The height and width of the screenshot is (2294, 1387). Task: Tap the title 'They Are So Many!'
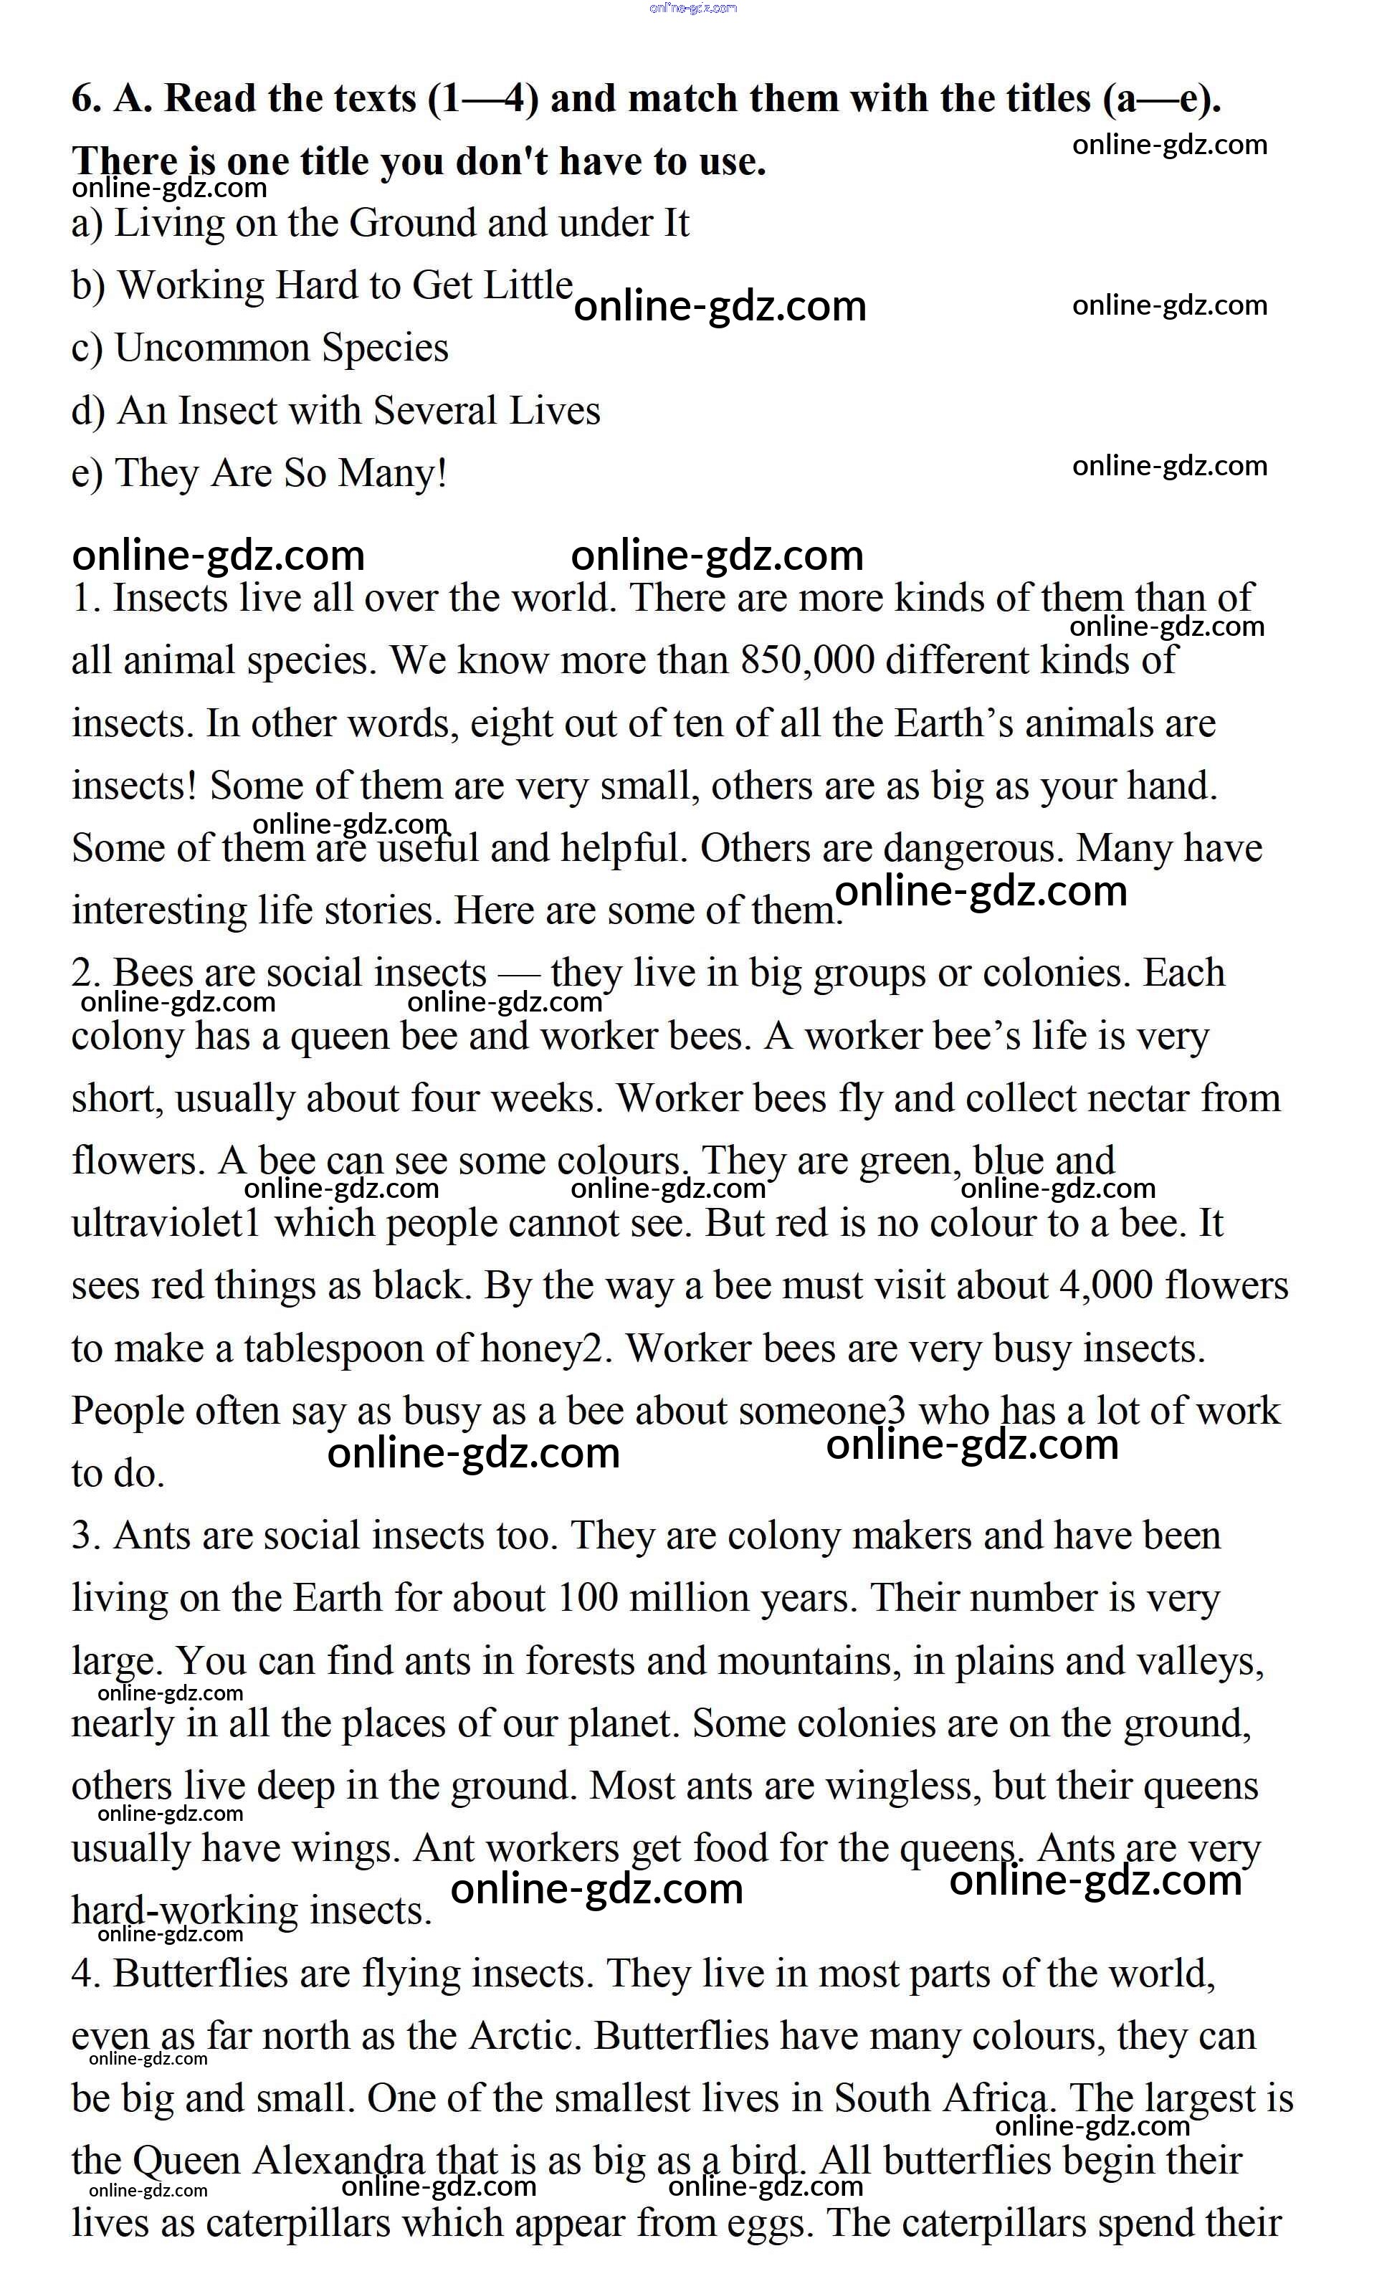click(280, 473)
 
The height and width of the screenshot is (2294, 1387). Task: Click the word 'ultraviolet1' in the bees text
click(166, 1223)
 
